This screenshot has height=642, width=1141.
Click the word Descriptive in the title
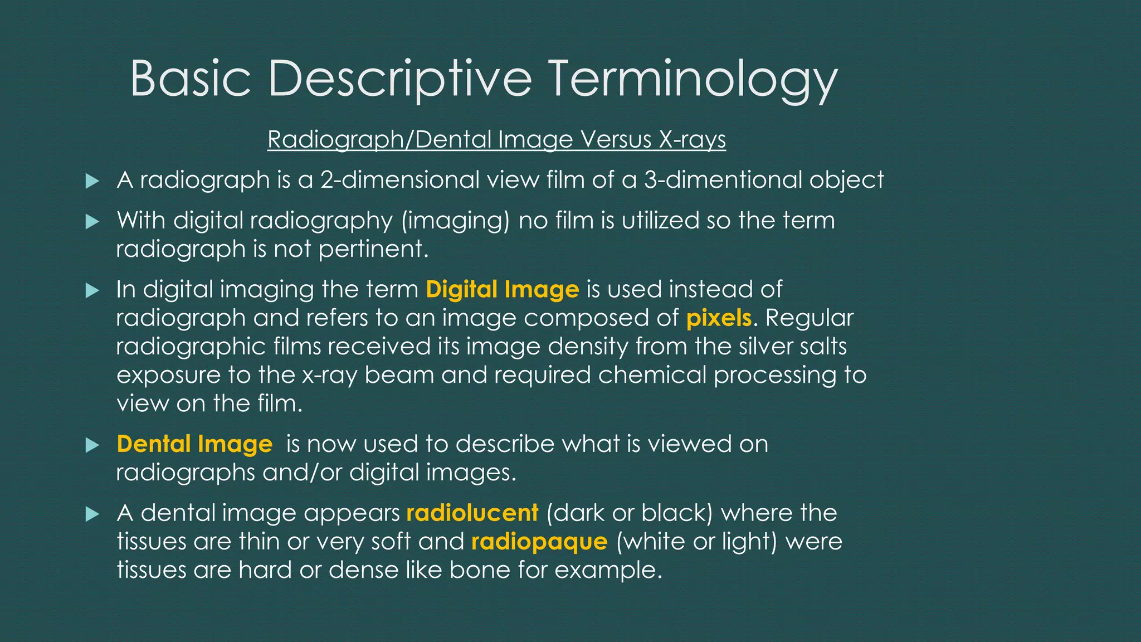click(x=400, y=79)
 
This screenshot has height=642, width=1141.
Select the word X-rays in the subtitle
click(x=693, y=139)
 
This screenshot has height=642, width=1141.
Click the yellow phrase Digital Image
click(x=503, y=289)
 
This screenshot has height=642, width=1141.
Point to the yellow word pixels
click(x=719, y=318)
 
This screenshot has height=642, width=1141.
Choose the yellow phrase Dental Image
click(x=194, y=444)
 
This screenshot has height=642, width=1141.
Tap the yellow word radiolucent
click(x=472, y=513)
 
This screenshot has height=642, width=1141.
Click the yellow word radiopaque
click(x=539, y=541)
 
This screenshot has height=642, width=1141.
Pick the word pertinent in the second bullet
click(x=373, y=249)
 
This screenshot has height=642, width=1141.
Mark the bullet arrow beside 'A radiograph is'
click(x=92, y=181)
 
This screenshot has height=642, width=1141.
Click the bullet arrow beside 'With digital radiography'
click(x=92, y=222)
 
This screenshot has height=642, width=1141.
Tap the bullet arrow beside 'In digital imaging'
click(x=92, y=290)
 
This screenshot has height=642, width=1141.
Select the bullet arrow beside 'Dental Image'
click(x=92, y=445)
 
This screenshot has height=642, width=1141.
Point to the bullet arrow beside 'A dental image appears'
click(x=92, y=514)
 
